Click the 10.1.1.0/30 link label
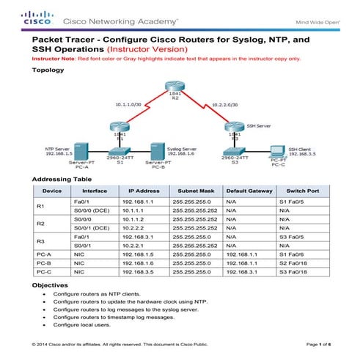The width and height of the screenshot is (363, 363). coord(131,106)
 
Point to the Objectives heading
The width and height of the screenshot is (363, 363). coord(51,284)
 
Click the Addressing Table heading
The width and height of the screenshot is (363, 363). coord(62,179)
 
